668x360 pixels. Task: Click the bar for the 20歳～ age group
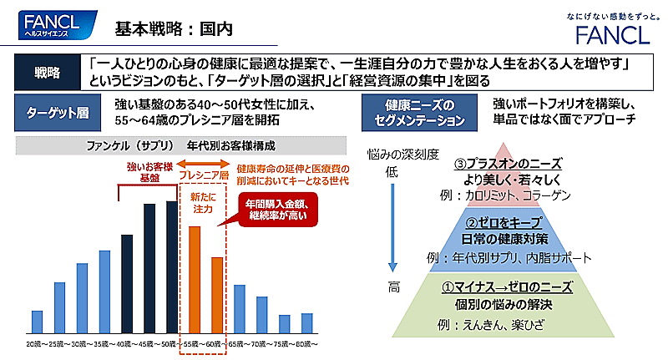pyautogui.click(x=37, y=322)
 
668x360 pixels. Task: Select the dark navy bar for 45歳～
pyautogui.click(x=149, y=269)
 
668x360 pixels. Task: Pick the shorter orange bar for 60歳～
pyautogui.click(x=216, y=296)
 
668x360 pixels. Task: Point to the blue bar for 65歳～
pyautogui.click(x=240, y=309)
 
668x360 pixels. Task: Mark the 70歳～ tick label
pyautogui.click(x=262, y=343)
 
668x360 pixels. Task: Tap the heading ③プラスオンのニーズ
pyautogui.click(x=507, y=163)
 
